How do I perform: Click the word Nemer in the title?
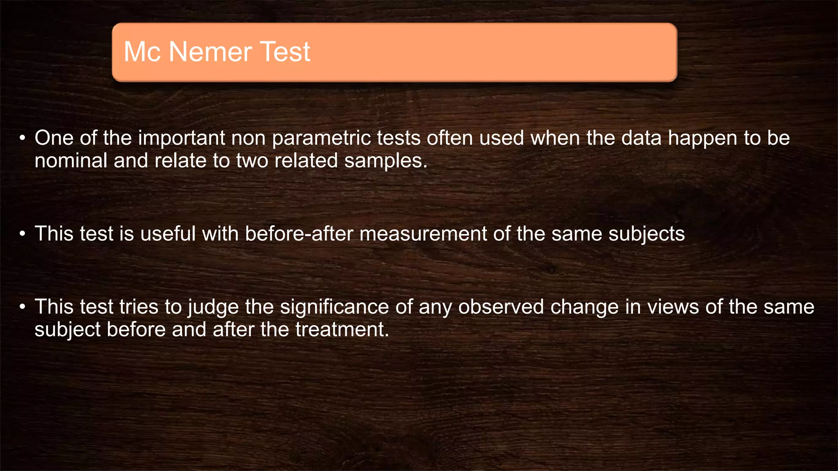(x=210, y=52)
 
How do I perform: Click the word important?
(x=181, y=138)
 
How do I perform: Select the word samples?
(x=385, y=161)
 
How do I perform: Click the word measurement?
(x=423, y=234)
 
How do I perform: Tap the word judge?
(x=213, y=307)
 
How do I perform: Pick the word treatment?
(x=342, y=330)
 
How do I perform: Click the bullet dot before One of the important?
(x=23, y=138)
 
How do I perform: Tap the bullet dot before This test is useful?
(x=23, y=234)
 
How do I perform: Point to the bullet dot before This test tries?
(x=23, y=307)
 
